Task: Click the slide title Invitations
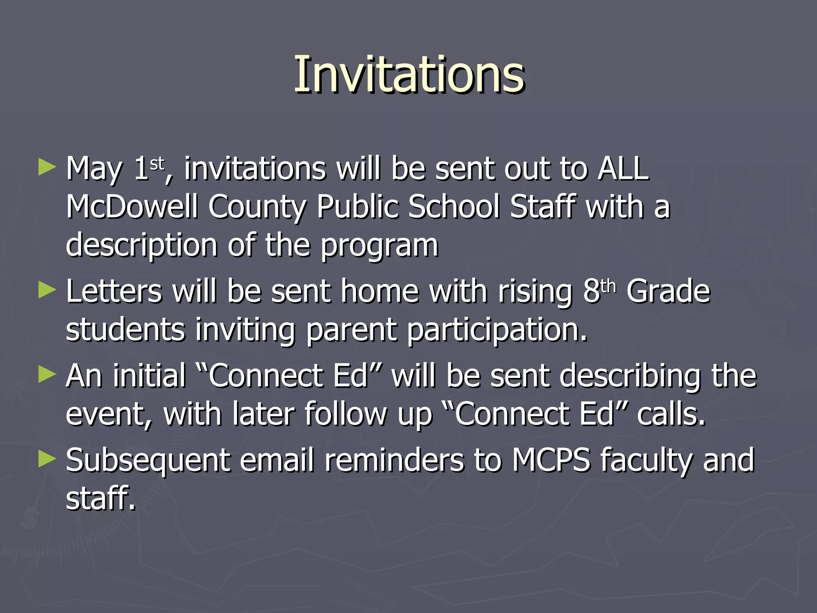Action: (409, 75)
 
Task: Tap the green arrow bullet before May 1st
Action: (47, 167)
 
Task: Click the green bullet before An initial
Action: (47, 375)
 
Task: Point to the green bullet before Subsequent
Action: (47, 459)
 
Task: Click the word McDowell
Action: (132, 207)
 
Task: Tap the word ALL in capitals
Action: (623, 169)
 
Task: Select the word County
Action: (257, 208)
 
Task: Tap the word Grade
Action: (668, 291)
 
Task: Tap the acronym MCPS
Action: (551, 460)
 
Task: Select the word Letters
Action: (114, 291)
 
